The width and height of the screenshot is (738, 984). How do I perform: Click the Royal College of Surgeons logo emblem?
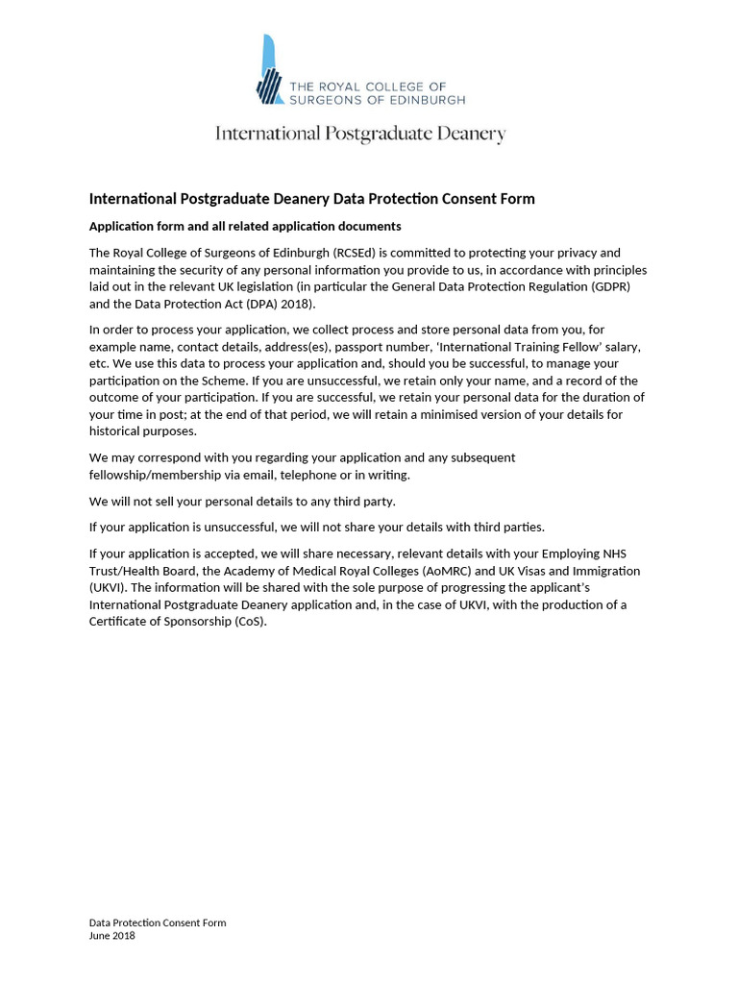pos(270,70)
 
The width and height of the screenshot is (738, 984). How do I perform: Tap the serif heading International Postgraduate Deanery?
pos(360,134)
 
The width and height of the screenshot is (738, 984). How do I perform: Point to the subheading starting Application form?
pos(245,226)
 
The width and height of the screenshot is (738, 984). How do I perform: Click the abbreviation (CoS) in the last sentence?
pos(249,622)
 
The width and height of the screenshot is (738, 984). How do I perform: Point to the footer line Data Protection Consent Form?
pos(158,922)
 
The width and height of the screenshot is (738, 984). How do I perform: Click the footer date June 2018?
pos(112,936)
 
